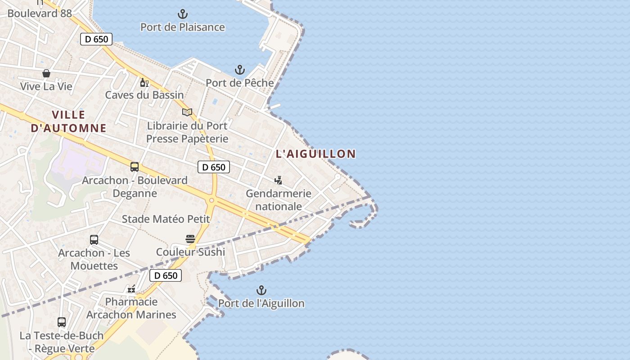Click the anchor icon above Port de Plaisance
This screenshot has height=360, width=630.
point(182,14)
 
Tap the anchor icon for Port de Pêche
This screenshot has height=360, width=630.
point(240,70)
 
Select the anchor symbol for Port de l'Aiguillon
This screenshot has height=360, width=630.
point(261,290)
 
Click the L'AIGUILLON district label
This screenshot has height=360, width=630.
point(315,154)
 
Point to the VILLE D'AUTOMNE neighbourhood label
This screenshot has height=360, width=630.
point(68,121)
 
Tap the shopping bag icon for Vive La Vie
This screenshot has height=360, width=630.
point(46,73)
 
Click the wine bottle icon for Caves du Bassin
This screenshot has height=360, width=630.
point(144,82)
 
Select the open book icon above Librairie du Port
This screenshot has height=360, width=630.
point(187,112)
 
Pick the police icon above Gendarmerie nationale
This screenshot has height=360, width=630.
point(279,180)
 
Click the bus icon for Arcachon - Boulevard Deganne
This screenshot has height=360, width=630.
point(135,167)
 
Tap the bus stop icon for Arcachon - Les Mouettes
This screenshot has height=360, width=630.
point(94,240)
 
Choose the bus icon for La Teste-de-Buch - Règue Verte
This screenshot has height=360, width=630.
point(62,322)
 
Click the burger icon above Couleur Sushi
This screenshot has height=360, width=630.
point(190,238)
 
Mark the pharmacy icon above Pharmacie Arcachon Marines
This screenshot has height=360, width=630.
point(131,288)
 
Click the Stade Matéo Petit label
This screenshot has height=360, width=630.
point(166,219)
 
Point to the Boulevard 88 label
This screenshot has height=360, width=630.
point(40,13)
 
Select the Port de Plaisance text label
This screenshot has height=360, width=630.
point(183,27)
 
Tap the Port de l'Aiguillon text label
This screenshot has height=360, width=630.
point(261,303)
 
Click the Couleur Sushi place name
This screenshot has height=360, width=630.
point(190,252)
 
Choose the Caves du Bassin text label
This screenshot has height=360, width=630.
point(144,95)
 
